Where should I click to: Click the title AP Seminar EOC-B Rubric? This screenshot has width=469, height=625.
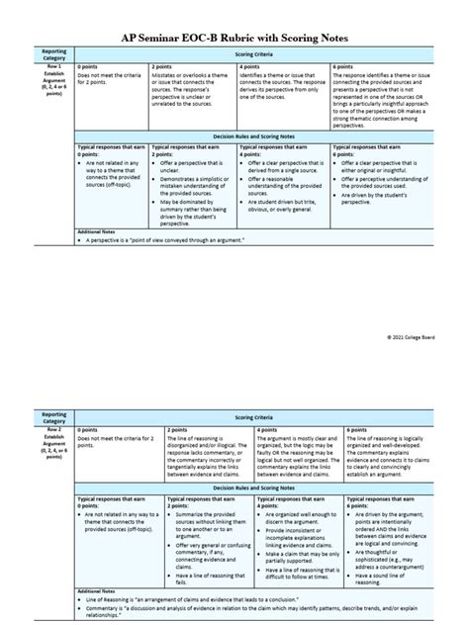tap(234, 34)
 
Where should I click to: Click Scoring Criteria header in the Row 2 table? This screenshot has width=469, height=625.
tap(259, 420)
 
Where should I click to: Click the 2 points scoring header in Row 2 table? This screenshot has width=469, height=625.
tap(178, 431)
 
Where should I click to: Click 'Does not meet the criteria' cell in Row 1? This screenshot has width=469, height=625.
tap(110, 78)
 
